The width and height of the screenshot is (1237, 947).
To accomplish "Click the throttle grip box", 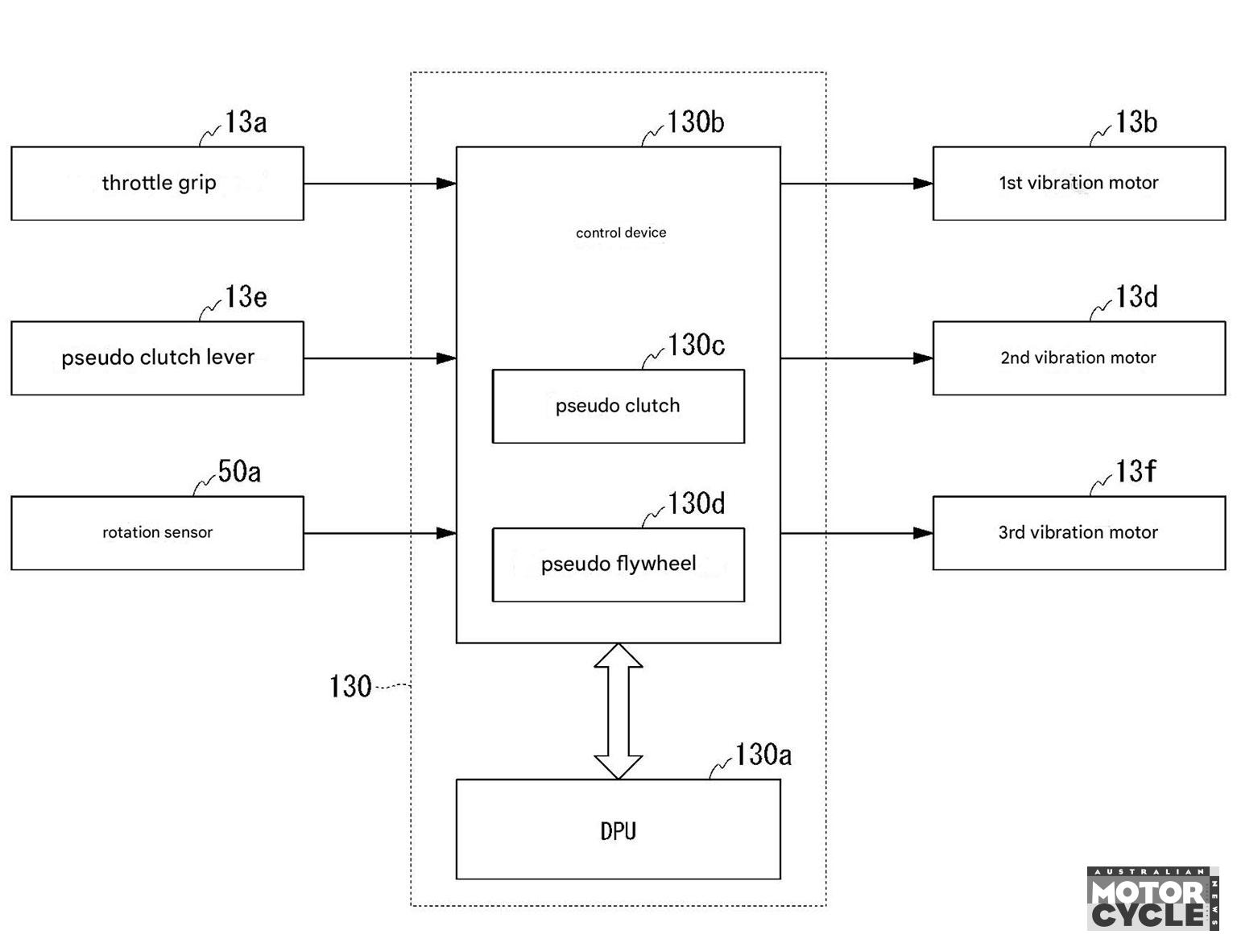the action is [157, 184].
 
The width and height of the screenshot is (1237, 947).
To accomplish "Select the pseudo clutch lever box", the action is [157, 358].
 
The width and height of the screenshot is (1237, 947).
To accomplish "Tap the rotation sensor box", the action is [157, 533].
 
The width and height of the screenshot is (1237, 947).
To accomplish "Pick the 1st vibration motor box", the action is [1078, 184].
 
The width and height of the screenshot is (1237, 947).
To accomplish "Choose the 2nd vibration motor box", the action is [1078, 358].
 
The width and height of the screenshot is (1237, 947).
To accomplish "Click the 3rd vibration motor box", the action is [1078, 533].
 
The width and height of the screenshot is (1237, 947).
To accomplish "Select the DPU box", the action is [618, 829].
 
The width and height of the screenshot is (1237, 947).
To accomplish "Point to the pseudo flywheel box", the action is [618, 564].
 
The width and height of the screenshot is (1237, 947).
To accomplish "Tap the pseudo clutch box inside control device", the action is [618, 406].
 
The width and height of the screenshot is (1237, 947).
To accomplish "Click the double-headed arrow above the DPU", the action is [618, 711].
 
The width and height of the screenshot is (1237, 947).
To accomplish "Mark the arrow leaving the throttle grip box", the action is [379, 184].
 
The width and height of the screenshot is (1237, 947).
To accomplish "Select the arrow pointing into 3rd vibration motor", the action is [857, 533].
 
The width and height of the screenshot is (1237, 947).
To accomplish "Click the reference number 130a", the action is [763, 755].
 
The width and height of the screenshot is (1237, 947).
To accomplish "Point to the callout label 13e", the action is [246, 297].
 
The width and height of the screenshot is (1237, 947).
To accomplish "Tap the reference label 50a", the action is [239, 472].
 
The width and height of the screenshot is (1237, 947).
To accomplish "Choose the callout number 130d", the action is [696, 503].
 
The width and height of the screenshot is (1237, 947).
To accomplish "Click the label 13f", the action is [1135, 471].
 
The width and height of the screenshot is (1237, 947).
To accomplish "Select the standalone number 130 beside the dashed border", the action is [350, 686].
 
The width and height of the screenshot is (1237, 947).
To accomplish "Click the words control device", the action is [620, 232].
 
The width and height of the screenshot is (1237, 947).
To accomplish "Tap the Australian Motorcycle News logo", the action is [1152, 899].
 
